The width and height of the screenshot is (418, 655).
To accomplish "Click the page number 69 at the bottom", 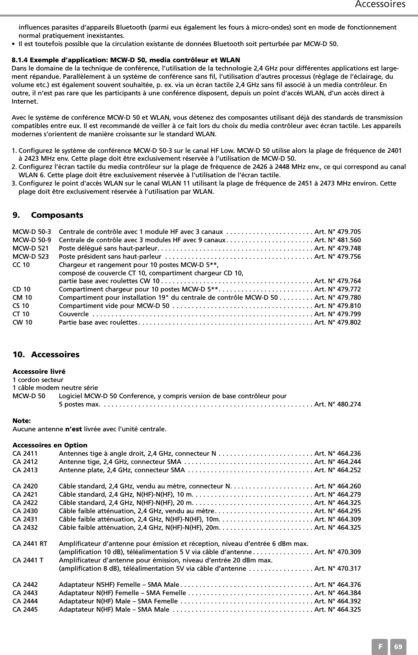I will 398,647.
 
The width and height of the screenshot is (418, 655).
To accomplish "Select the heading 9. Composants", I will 48,215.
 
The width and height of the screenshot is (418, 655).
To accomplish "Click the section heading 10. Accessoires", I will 46,354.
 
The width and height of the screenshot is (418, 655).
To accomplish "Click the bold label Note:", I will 22,421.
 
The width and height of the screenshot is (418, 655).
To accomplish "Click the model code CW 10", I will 23,322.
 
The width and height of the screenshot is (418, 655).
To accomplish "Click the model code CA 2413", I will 25,470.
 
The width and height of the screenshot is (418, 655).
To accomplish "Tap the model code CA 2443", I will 25,593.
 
